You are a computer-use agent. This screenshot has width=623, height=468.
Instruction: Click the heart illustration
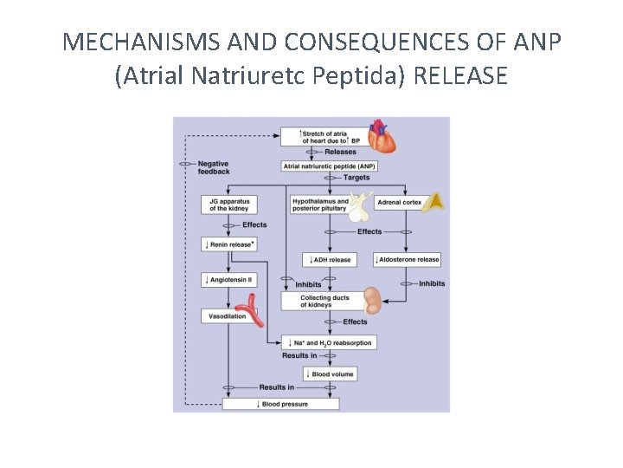click(381, 137)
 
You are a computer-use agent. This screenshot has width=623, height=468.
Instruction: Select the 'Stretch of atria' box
click(323, 137)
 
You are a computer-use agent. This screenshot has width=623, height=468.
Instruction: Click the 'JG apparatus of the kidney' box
click(229, 205)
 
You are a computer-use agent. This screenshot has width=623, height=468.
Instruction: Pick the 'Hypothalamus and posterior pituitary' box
click(320, 205)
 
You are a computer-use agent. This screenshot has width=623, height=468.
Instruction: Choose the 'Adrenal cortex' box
click(400, 202)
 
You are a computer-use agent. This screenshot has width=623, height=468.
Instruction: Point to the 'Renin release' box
click(229, 244)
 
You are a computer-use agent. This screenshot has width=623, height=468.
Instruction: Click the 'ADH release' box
click(329, 259)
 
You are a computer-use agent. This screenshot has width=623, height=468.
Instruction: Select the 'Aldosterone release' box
click(407, 259)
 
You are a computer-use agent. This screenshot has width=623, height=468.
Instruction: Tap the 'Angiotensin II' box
click(229, 279)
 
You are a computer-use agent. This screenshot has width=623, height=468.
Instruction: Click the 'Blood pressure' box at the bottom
click(280, 404)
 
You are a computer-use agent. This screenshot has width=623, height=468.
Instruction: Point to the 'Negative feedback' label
click(214, 167)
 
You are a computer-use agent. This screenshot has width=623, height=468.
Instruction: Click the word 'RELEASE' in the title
click(460, 76)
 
